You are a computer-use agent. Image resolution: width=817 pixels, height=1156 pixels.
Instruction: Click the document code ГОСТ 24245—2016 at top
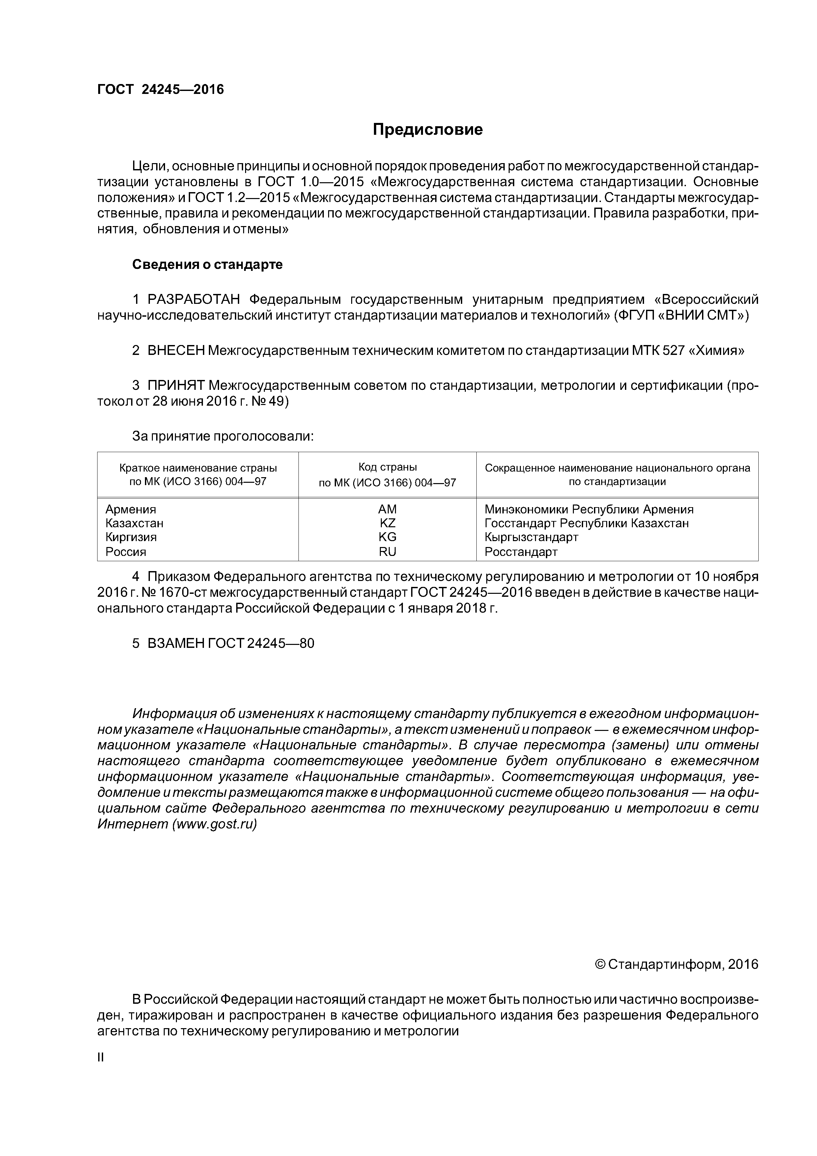point(160,90)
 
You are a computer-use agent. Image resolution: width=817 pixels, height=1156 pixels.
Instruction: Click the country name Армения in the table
point(131,509)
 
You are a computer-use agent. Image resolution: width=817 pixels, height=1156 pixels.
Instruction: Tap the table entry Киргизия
point(131,537)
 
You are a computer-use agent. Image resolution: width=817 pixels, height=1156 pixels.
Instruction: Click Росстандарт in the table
point(521,552)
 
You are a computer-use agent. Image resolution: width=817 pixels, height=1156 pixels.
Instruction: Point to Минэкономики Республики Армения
point(589,509)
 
